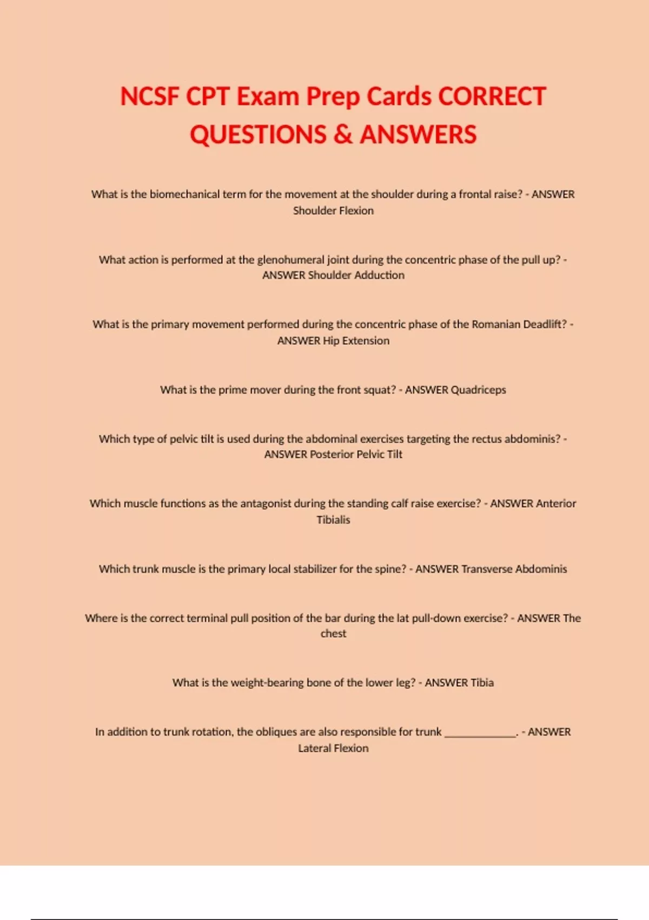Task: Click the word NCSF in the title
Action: click(149, 97)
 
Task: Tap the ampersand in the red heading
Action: click(343, 135)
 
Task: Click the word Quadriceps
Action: click(478, 390)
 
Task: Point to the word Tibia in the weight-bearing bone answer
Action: click(482, 682)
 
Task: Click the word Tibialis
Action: click(333, 520)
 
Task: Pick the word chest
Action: click(333, 633)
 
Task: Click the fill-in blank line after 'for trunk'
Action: click(480, 733)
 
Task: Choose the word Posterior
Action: click(332, 454)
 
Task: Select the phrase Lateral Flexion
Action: click(333, 748)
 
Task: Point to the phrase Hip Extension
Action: click(356, 340)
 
